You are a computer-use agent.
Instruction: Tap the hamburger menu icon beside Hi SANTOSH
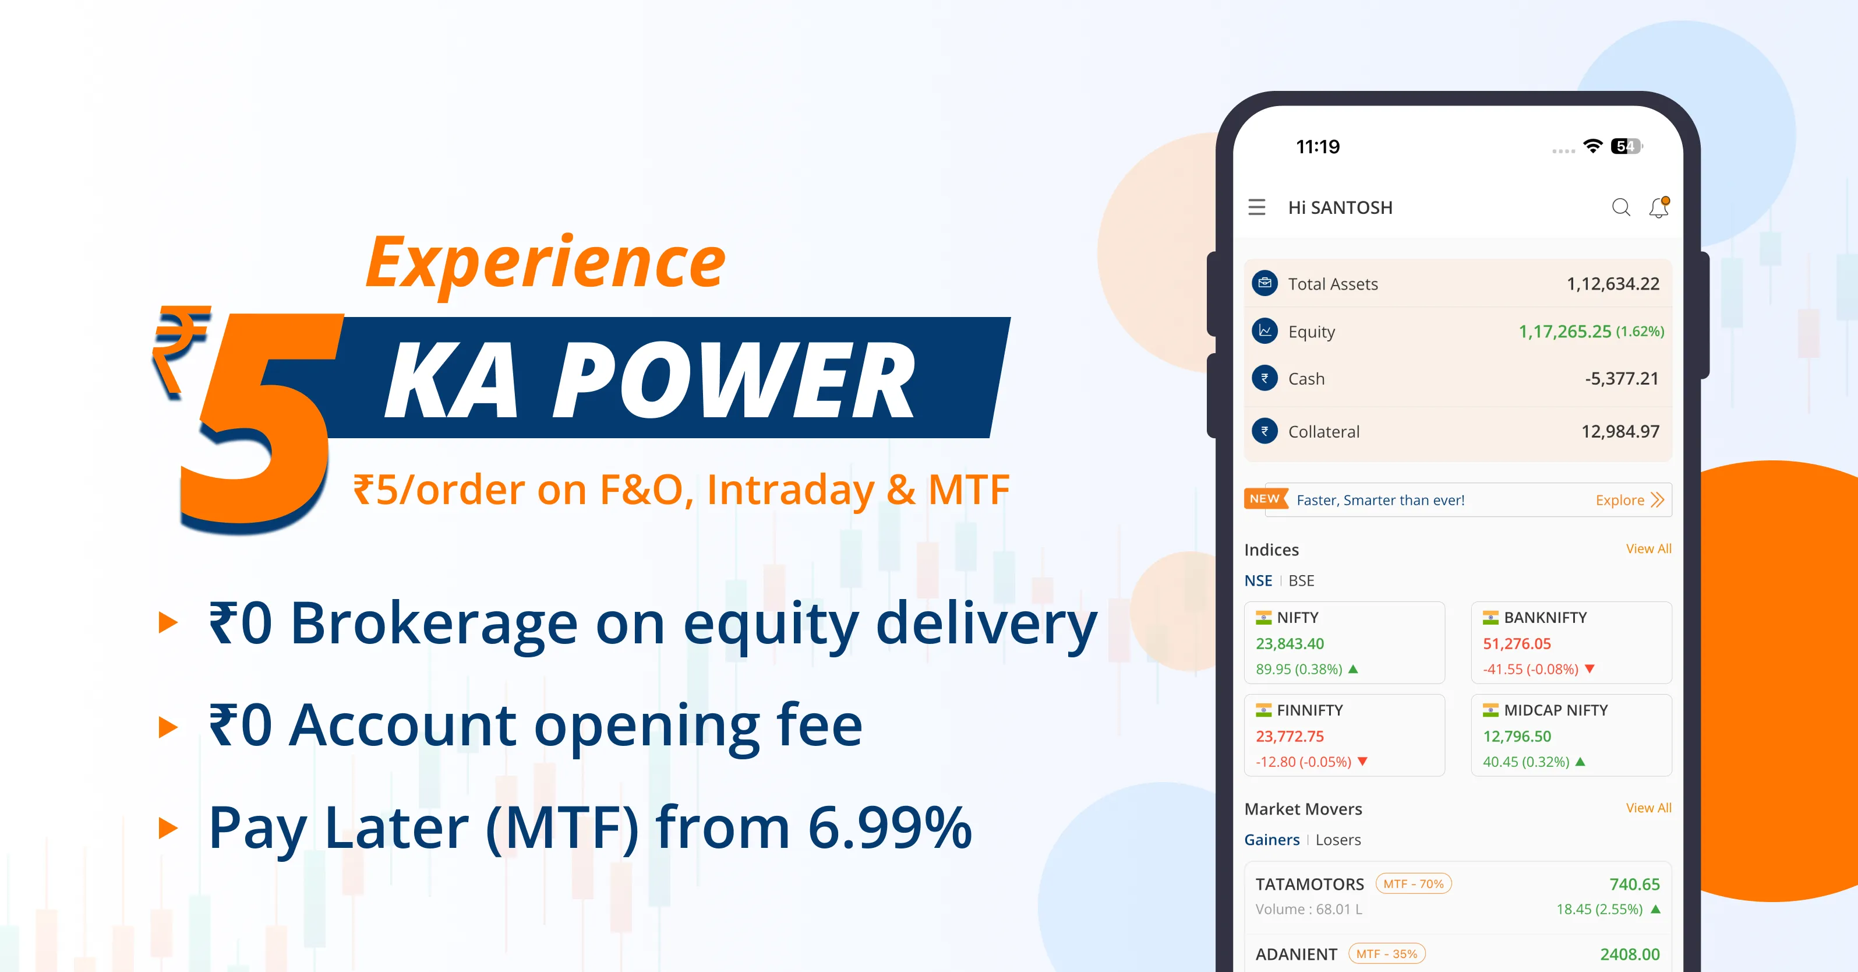(x=1256, y=207)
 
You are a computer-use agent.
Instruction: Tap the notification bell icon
(x=1659, y=207)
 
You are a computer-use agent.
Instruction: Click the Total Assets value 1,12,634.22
(x=1613, y=284)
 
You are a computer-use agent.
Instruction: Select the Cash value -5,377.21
(x=1622, y=378)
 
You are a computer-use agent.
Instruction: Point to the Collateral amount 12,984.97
(x=1620, y=432)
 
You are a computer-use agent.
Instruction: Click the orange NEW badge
(x=1266, y=499)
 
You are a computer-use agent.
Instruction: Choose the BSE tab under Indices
(x=1301, y=581)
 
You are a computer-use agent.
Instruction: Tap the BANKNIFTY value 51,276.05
(x=1516, y=644)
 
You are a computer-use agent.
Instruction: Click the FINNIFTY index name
(x=1309, y=710)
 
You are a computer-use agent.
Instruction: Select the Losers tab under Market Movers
(x=1338, y=840)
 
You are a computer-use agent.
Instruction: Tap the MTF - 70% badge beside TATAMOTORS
(x=1413, y=884)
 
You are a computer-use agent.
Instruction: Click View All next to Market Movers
(x=1648, y=808)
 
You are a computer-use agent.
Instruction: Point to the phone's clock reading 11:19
(x=1317, y=147)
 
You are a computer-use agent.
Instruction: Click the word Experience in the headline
(x=546, y=263)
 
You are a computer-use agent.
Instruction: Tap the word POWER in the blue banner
(x=733, y=381)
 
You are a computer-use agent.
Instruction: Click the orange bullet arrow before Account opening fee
(x=168, y=727)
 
